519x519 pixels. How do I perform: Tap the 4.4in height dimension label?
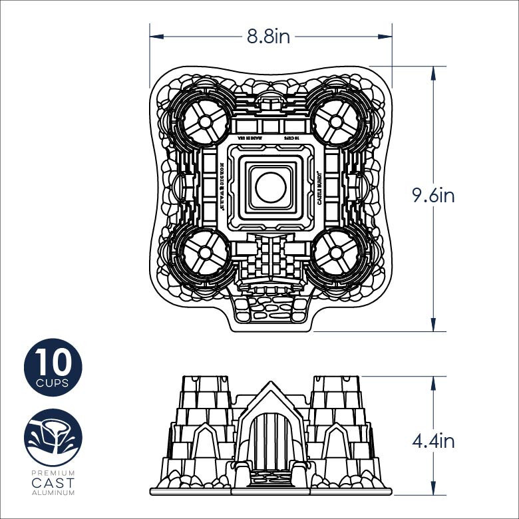pos(432,440)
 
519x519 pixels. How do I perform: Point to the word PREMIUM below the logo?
pos(53,472)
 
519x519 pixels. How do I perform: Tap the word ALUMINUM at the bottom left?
pos(53,493)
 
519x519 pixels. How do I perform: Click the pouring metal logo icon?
pos(53,437)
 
